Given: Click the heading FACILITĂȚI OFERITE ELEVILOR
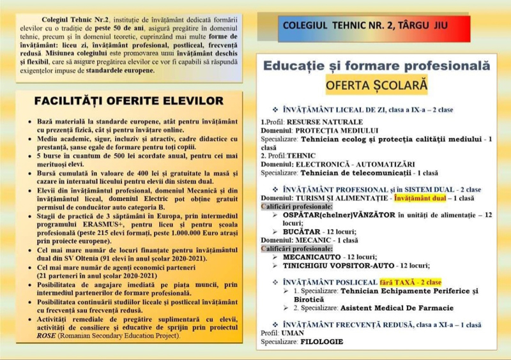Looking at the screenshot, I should (x=129, y=101).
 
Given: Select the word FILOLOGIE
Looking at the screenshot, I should (x=321, y=341).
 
